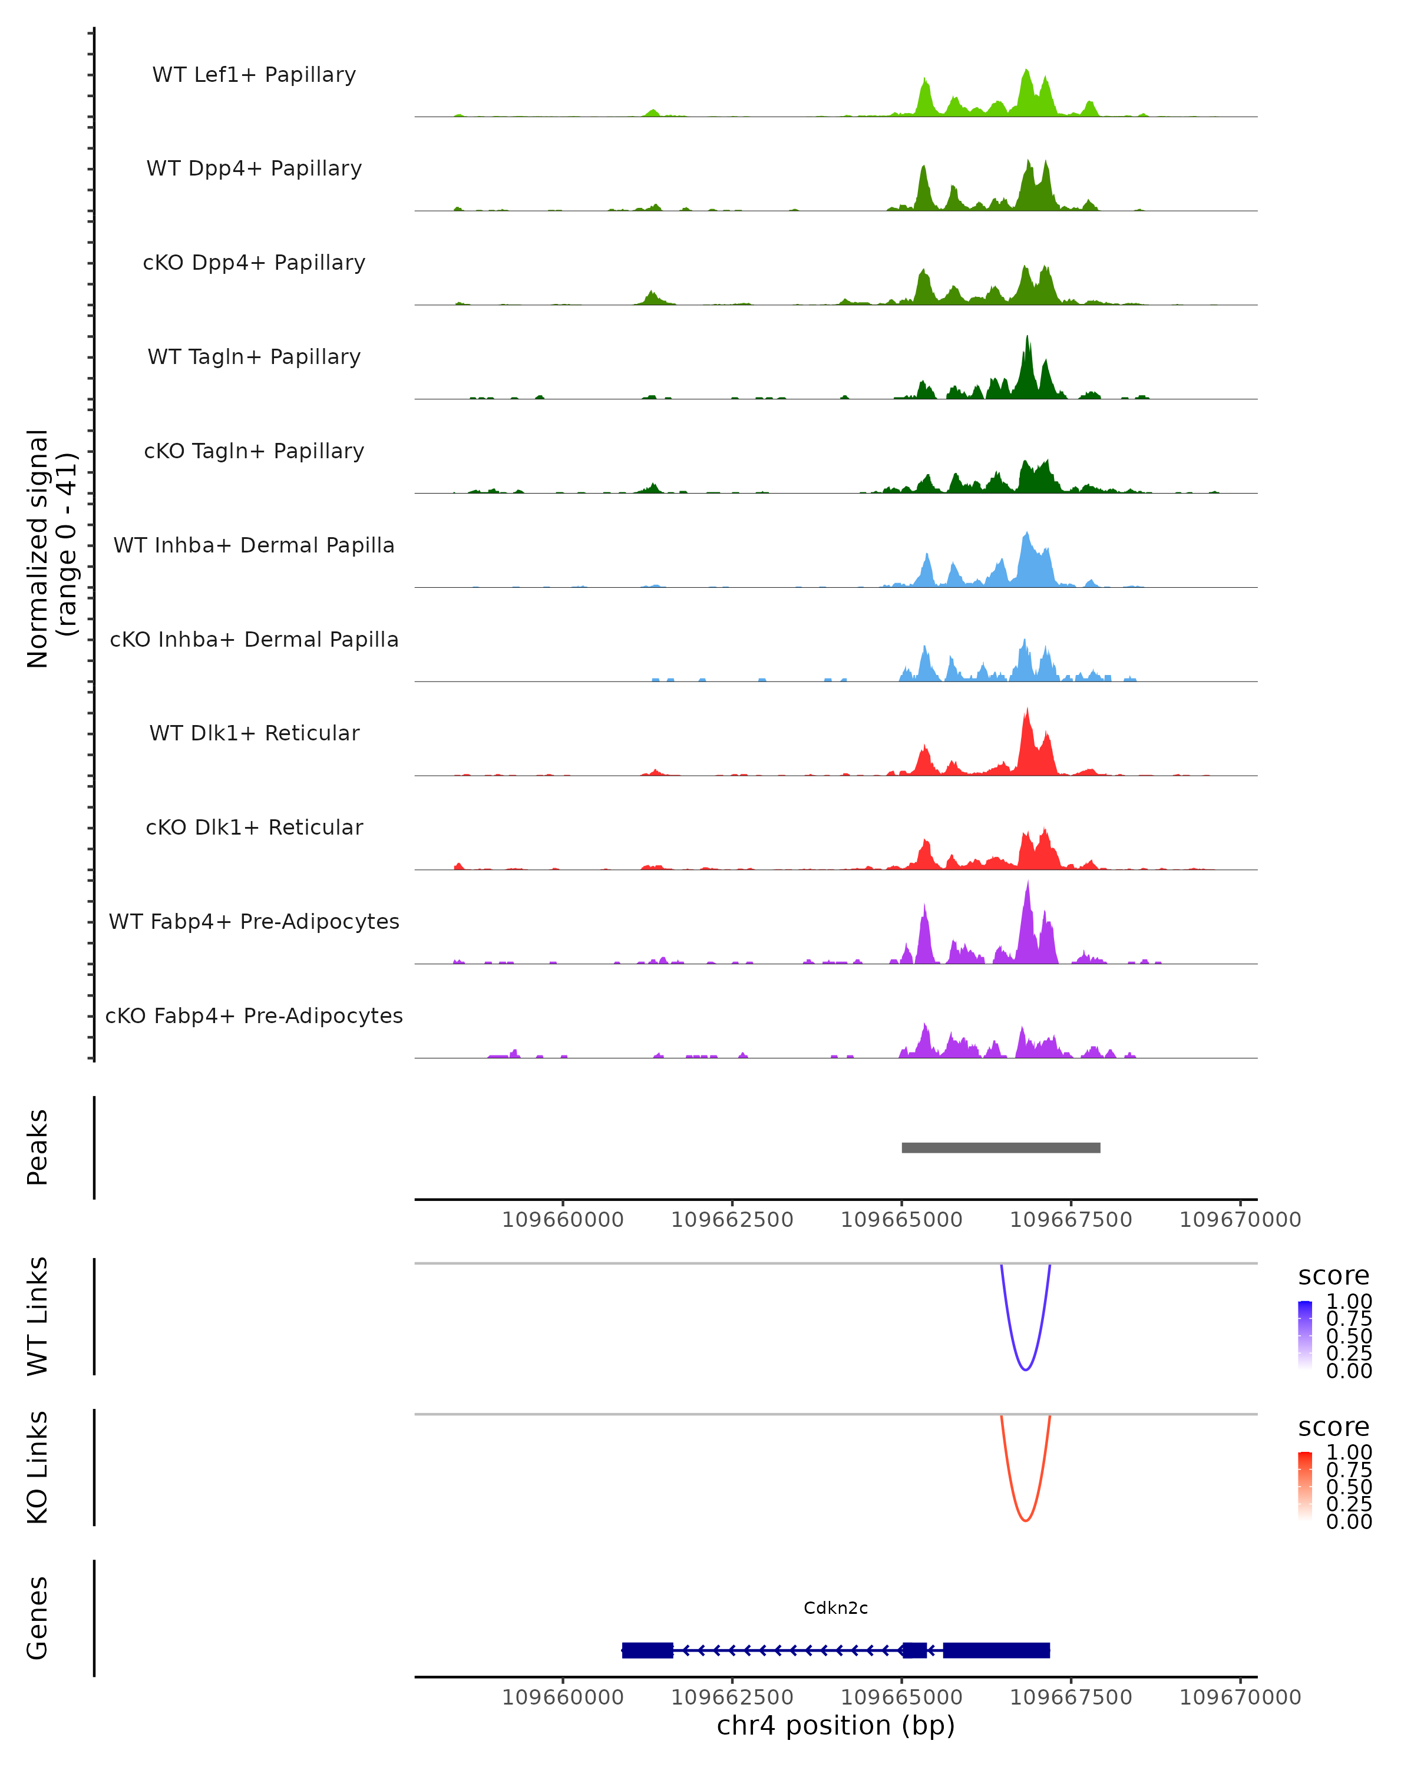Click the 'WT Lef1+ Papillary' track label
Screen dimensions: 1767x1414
point(254,75)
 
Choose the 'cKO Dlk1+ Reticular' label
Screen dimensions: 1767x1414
point(254,827)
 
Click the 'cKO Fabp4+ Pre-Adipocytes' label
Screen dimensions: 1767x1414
point(254,1015)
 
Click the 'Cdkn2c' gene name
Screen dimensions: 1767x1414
point(835,1608)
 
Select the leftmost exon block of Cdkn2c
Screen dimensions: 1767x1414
point(647,1650)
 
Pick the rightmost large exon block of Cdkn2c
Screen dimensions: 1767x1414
point(996,1650)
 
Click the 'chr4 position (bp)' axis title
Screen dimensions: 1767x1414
point(835,1726)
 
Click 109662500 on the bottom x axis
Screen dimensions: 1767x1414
point(732,1697)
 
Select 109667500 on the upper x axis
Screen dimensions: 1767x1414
point(1071,1220)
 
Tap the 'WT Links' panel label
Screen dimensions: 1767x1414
point(38,1316)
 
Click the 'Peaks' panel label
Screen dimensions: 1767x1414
point(38,1147)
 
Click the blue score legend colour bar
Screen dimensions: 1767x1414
point(1305,1334)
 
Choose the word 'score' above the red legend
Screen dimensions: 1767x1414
point(1334,1427)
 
